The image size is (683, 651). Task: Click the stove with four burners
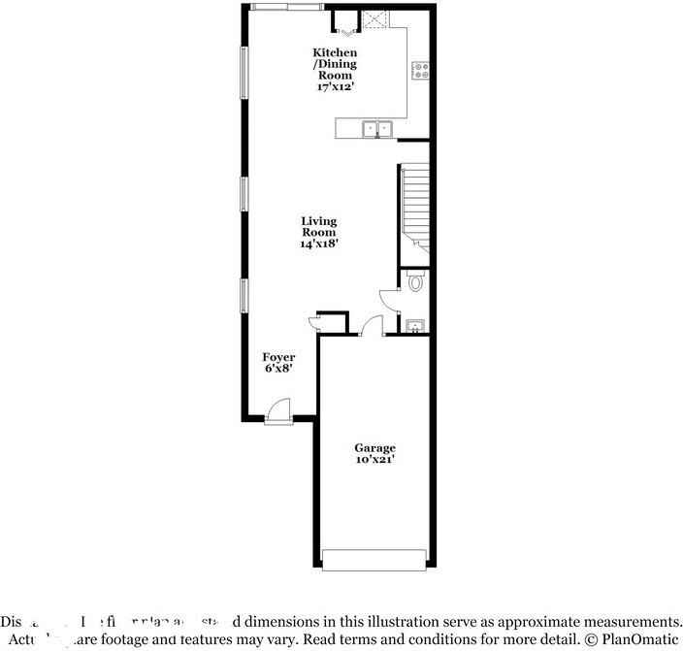point(421,70)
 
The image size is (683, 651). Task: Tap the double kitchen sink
point(376,127)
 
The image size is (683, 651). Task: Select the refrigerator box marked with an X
point(375,18)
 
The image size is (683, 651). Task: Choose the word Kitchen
point(334,52)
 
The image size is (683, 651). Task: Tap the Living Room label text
point(318,227)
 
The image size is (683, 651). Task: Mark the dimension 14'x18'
point(318,244)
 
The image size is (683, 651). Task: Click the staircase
point(414,206)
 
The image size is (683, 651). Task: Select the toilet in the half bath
point(416,282)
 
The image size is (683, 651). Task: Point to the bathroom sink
point(415,325)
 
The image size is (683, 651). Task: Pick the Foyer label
point(278,358)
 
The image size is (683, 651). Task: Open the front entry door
point(277,412)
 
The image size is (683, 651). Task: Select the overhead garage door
point(374,559)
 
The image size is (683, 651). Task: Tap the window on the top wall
point(285,7)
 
